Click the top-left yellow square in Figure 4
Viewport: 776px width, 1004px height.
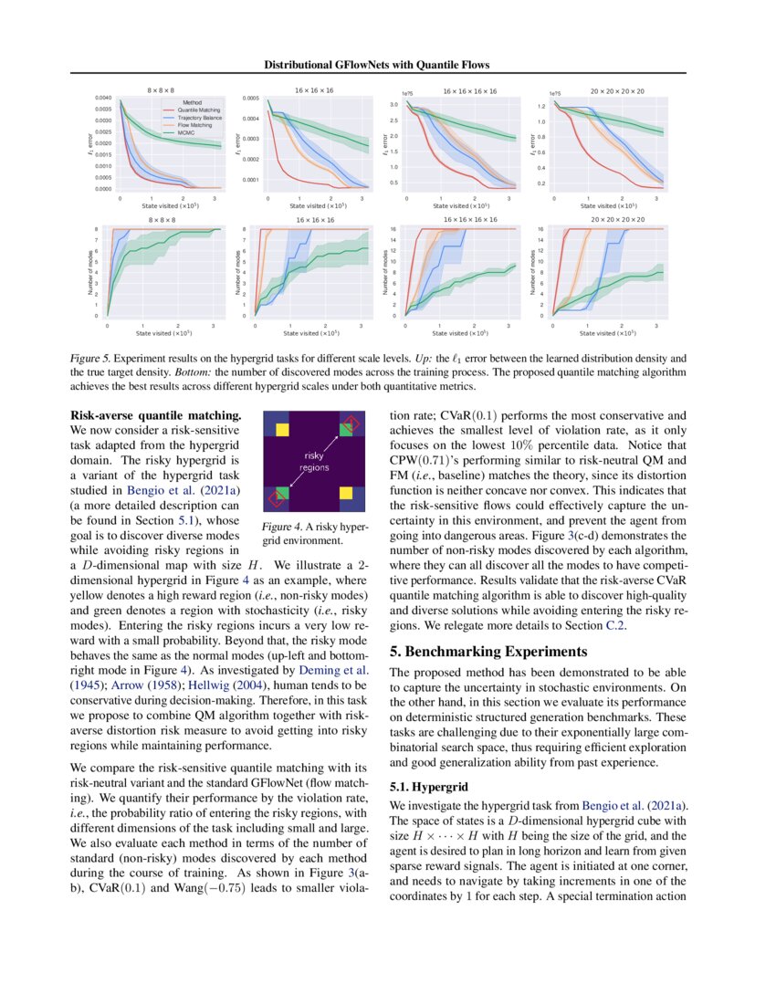[x=281, y=427]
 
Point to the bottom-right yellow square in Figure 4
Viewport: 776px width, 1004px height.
[x=348, y=494]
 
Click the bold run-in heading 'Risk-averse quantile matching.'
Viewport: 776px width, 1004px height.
[x=155, y=416]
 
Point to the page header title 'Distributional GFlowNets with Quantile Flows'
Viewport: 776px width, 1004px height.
[x=377, y=65]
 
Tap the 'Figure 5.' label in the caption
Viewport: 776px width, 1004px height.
[x=89, y=361]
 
